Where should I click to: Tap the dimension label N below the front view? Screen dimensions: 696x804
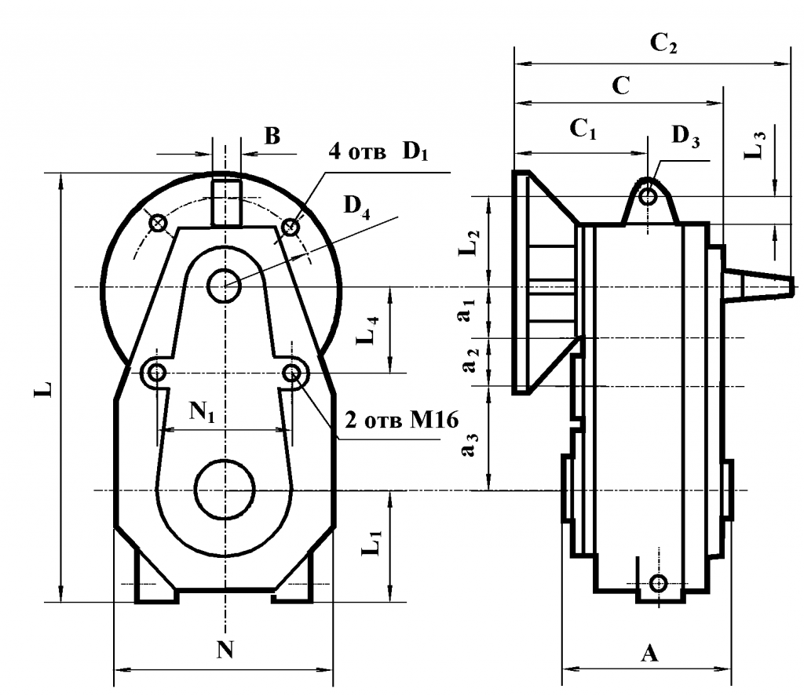point(225,650)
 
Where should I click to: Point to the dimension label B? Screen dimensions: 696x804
point(272,137)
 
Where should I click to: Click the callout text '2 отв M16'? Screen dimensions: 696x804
point(396,415)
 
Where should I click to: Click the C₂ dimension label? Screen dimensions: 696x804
point(663,45)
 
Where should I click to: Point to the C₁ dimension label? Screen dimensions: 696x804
point(583,129)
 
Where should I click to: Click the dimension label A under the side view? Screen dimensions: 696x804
point(649,653)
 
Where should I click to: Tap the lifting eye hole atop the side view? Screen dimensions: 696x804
point(647,195)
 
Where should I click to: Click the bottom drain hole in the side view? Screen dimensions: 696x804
point(659,583)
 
